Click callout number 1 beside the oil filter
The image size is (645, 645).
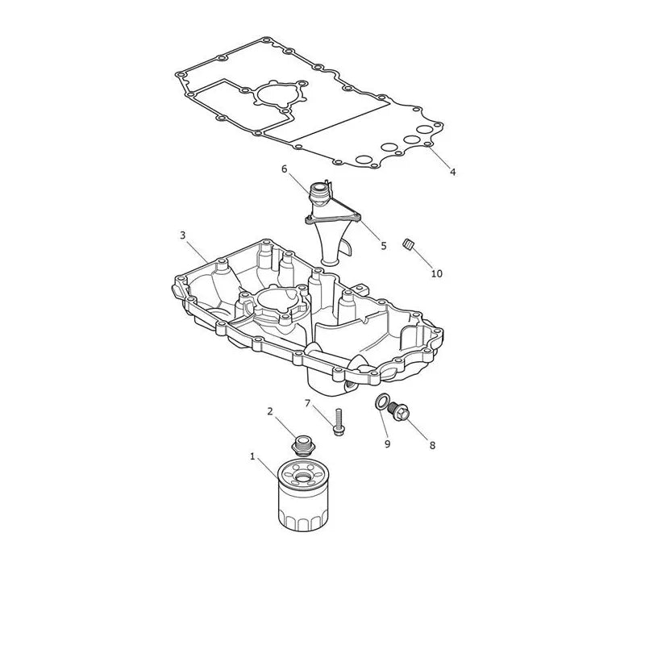(x=252, y=456)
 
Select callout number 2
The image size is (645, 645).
(x=270, y=411)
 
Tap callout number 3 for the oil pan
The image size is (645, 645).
(x=183, y=235)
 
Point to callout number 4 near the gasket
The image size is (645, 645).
(x=452, y=172)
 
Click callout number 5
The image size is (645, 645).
(x=384, y=246)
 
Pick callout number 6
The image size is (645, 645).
(x=285, y=169)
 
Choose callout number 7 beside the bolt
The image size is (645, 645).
(x=307, y=403)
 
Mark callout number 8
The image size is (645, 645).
(x=432, y=446)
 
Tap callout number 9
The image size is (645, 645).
(x=387, y=444)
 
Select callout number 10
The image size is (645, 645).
(x=436, y=273)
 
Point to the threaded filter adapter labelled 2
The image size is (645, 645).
(x=303, y=446)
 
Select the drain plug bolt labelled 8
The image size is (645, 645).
(x=398, y=410)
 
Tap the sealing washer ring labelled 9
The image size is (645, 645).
(x=382, y=402)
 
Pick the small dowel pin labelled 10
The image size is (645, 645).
(x=408, y=244)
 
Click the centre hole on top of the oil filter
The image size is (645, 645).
(x=303, y=477)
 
